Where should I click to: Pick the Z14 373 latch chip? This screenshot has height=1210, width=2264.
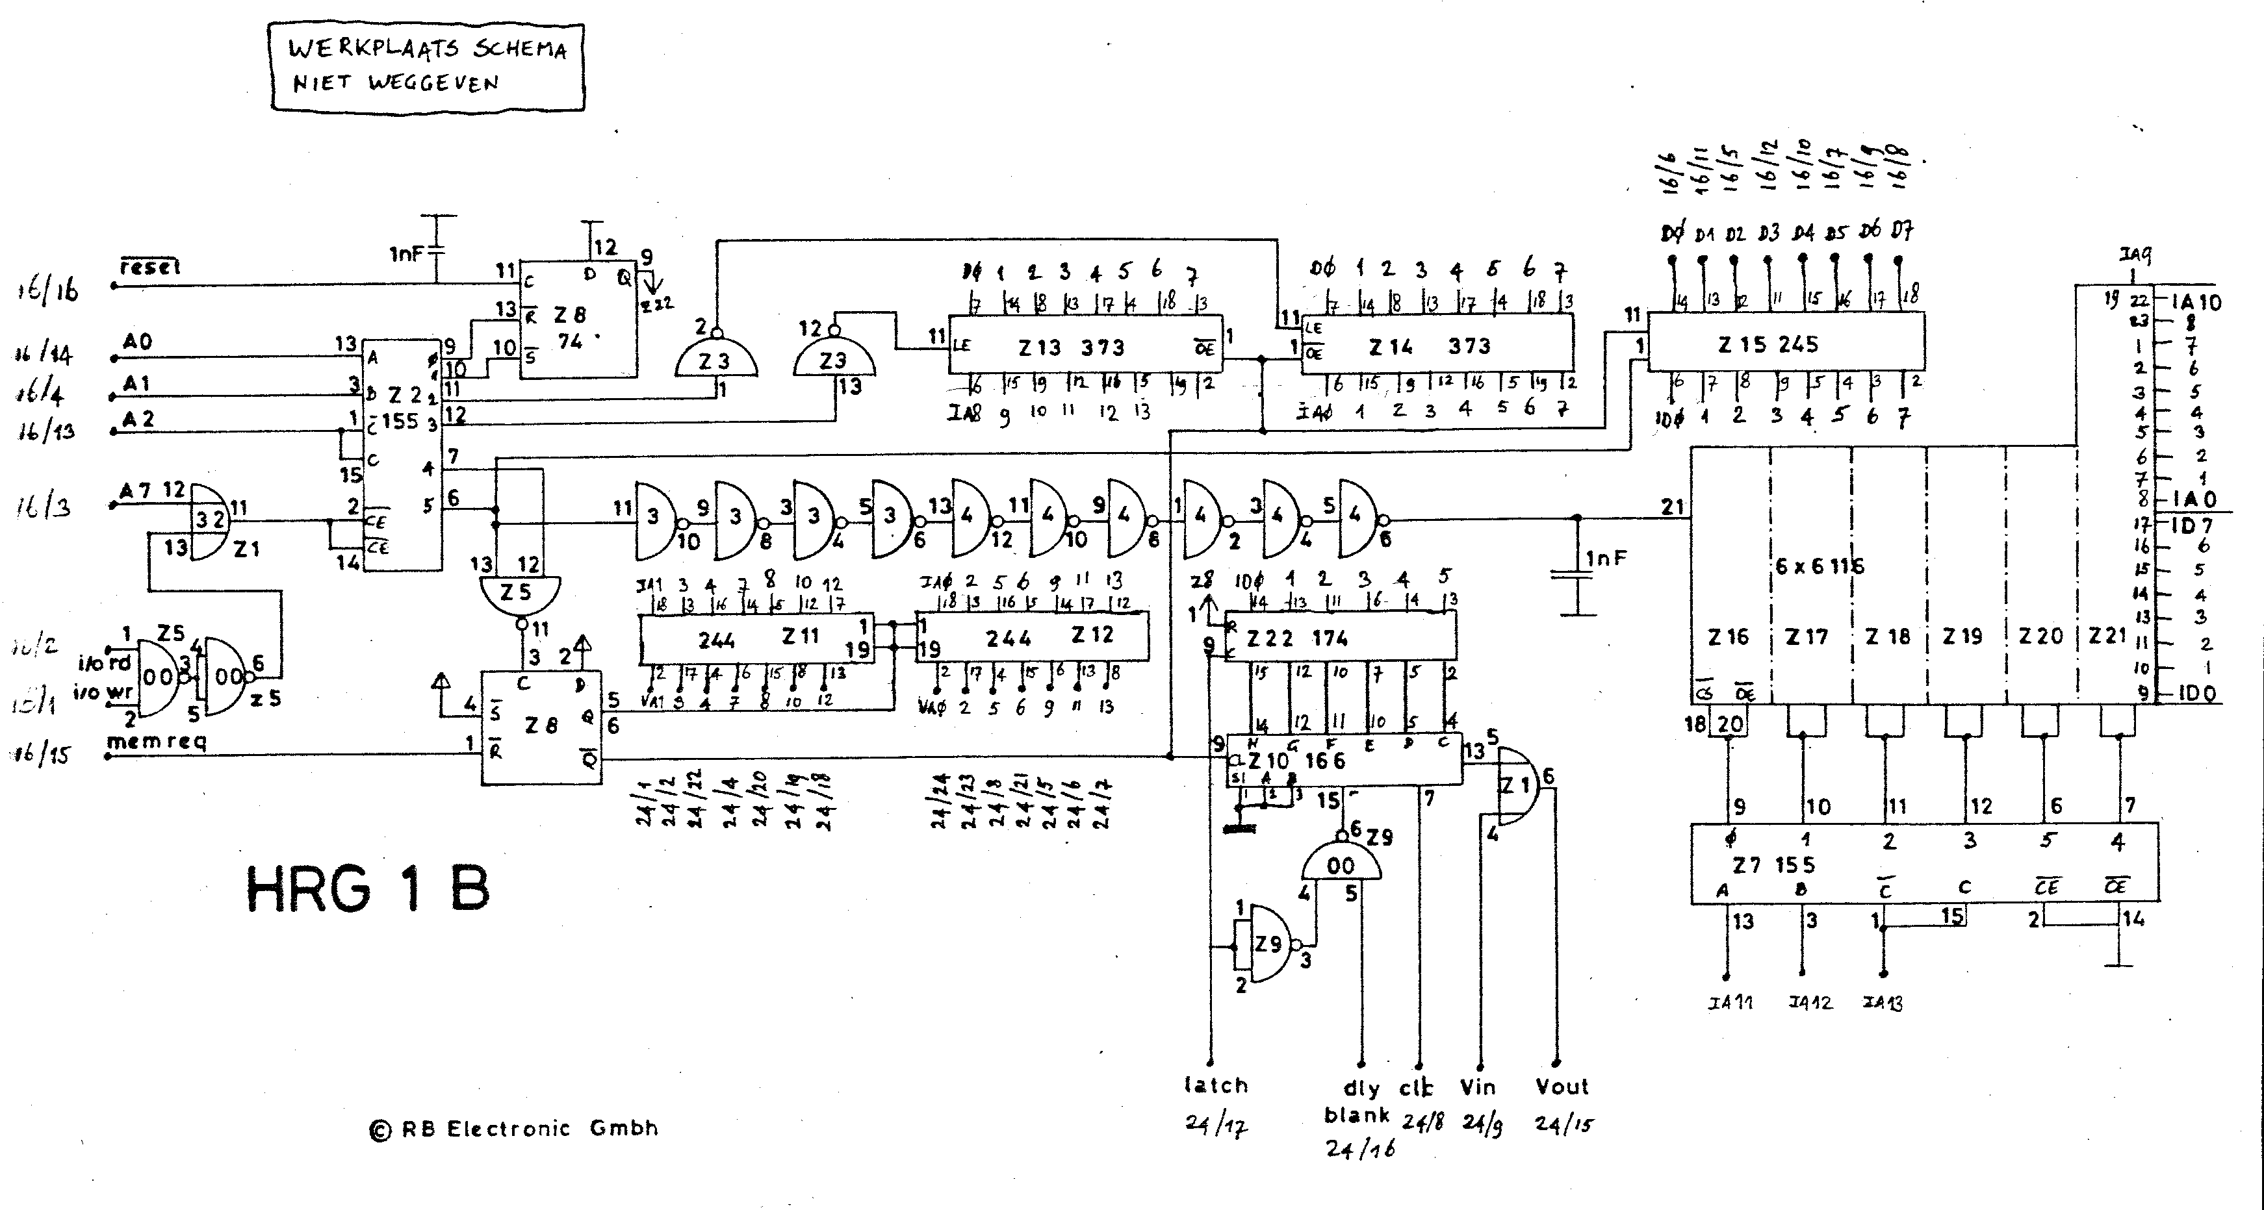point(1436,346)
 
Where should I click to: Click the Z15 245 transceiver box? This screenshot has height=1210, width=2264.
point(1784,343)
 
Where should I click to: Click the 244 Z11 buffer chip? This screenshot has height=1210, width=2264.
point(756,637)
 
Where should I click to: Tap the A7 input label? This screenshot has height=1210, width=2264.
point(135,491)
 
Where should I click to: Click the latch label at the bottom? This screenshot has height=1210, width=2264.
point(1215,1085)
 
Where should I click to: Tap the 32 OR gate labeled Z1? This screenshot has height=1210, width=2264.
point(209,520)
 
